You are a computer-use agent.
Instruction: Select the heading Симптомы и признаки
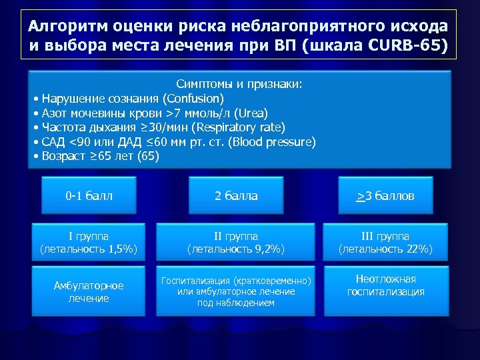pos(239,85)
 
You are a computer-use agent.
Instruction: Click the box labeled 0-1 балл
pos(89,196)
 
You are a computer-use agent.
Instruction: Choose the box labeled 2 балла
pos(235,196)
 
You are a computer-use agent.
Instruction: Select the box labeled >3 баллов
pos(385,196)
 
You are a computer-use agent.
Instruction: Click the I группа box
pos(89,243)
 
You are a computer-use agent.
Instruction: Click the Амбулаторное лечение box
pos(89,291)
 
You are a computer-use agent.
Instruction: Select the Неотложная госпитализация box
pos(385,285)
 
